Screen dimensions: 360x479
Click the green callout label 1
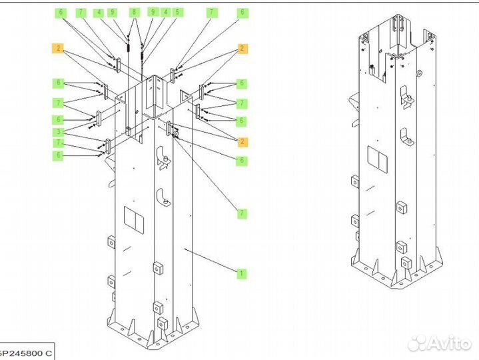pyautogui.click(x=241, y=273)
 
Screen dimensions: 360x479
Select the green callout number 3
pyautogui.click(x=59, y=131)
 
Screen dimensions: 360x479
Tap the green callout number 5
pyautogui.click(x=177, y=12)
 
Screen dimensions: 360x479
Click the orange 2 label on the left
pyautogui.click(x=59, y=48)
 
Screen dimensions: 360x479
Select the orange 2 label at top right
pyautogui.click(x=242, y=48)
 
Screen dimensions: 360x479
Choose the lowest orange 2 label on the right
pyautogui.click(x=242, y=141)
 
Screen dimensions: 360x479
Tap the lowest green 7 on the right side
pyautogui.click(x=242, y=213)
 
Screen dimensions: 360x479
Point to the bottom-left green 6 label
pyautogui.click(x=59, y=155)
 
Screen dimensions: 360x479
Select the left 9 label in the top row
pyautogui.click(x=112, y=12)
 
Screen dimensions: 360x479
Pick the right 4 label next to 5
pyautogui.click(x=165, y=12)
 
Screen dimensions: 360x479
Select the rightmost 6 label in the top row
pyautogui.click(x=242, y=12)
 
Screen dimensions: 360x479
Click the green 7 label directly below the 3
pyautogui.click(x=59, y=143)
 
